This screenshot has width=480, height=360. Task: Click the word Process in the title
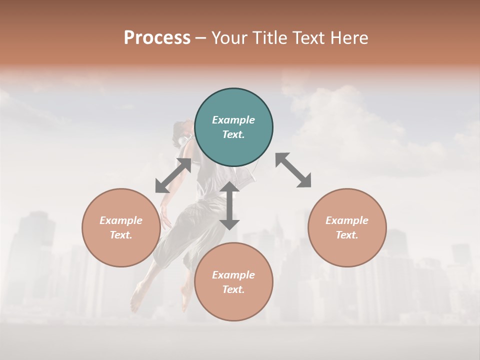pos(157,38)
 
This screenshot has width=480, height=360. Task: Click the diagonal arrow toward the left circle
pos(173,175)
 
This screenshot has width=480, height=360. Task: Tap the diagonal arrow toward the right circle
pos(293,170)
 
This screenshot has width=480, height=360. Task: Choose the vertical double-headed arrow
pos(229,205)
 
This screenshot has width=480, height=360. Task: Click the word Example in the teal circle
pos(233,120)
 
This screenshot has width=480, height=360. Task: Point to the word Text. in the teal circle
pos(233,134)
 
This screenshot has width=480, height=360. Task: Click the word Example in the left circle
pos(121,220)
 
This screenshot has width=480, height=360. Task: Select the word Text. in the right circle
pos(347,235)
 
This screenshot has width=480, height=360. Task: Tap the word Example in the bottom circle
pos(233,275)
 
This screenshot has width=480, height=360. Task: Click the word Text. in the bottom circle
pos(233,289)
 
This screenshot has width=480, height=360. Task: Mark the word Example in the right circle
pos(347,220)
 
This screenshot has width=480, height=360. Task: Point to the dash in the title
pos(201,38)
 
